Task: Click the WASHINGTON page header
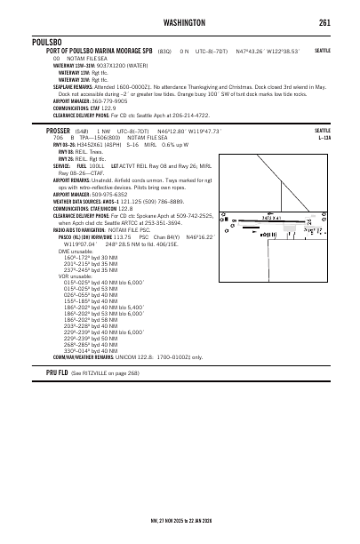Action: click(x=180, y=21)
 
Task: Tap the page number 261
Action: click(x=325, y=21)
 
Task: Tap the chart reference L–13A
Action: click(x=323, y=138)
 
